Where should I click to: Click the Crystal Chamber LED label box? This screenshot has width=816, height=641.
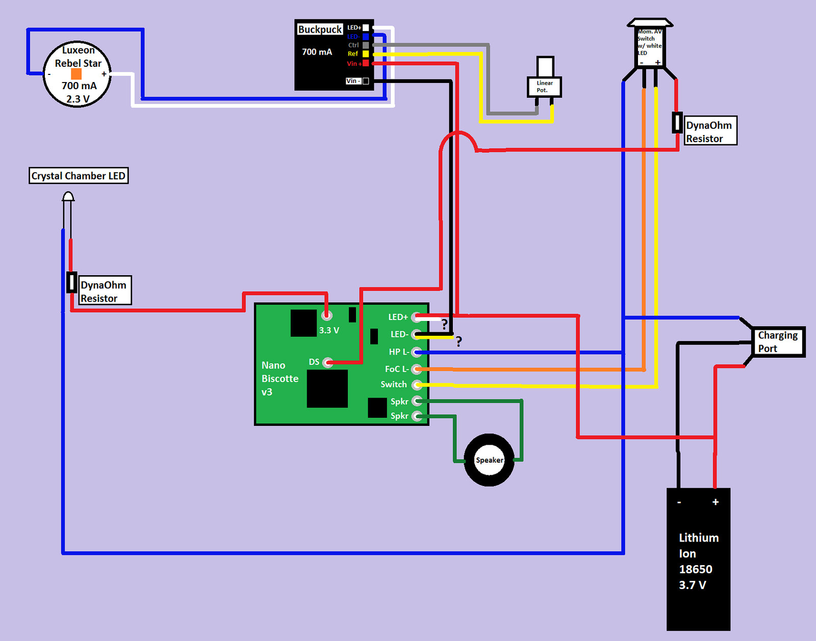coord(79,176)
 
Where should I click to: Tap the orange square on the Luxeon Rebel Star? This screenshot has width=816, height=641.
coord(76,74)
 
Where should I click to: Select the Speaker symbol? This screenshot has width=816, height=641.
coord(489,460)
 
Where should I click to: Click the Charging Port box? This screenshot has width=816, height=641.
coord(778,342)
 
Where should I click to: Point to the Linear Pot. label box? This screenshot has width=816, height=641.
coord(544,87)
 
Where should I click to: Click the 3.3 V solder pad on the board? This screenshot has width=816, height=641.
coord(326,315)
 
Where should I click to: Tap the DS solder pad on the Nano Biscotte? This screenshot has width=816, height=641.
coord(328,363)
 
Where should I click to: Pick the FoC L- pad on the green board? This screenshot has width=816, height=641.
coord(417,369)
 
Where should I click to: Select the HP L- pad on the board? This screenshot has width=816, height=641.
coord(417,352)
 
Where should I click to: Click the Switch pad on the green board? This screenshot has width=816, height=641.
coord(417,384)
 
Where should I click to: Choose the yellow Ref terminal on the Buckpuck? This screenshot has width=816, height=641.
coord(366,54)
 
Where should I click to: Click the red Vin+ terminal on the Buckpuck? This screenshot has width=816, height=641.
coord(366,63)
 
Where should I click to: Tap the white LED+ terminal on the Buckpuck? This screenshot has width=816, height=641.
coord(366,28)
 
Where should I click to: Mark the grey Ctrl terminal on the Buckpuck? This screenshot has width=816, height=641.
coord(366,45)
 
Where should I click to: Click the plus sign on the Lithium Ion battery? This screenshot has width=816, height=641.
coord(716,502)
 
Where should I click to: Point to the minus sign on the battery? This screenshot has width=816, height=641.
coord(679,502)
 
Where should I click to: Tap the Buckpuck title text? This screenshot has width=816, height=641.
coord(320,30)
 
